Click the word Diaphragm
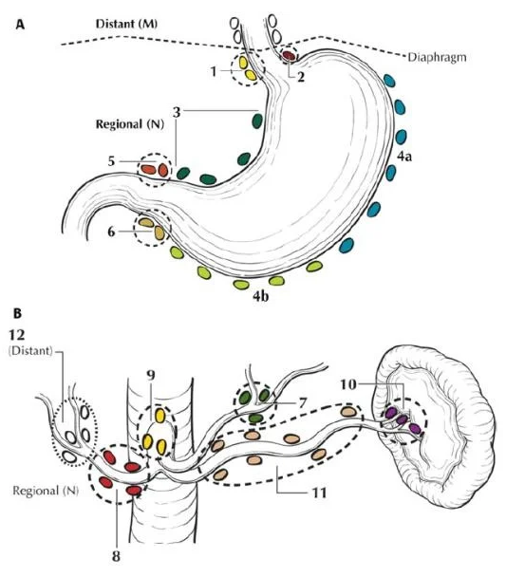coord(437,58)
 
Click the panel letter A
coord(20,25)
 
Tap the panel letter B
coord(18,313)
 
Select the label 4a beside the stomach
coord(404,157)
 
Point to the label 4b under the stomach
coord(260,296)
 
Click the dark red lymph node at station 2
coord(289,56)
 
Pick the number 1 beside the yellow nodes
coord(214,71)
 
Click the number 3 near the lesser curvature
coord(177,112)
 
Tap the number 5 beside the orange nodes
coord(111,161)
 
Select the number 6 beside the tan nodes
coord(111,233)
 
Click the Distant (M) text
coord(126,24)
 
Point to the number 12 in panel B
coord(17,335)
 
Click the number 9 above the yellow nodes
coord(151,375)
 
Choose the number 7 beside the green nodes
coord(302,403)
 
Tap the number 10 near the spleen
coord(347,384)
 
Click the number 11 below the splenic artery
coord(319,493)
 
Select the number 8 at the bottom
coord(116,555)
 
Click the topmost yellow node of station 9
coord(159,416)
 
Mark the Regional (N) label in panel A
coord(130,124)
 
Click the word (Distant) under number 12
coord(30,351)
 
